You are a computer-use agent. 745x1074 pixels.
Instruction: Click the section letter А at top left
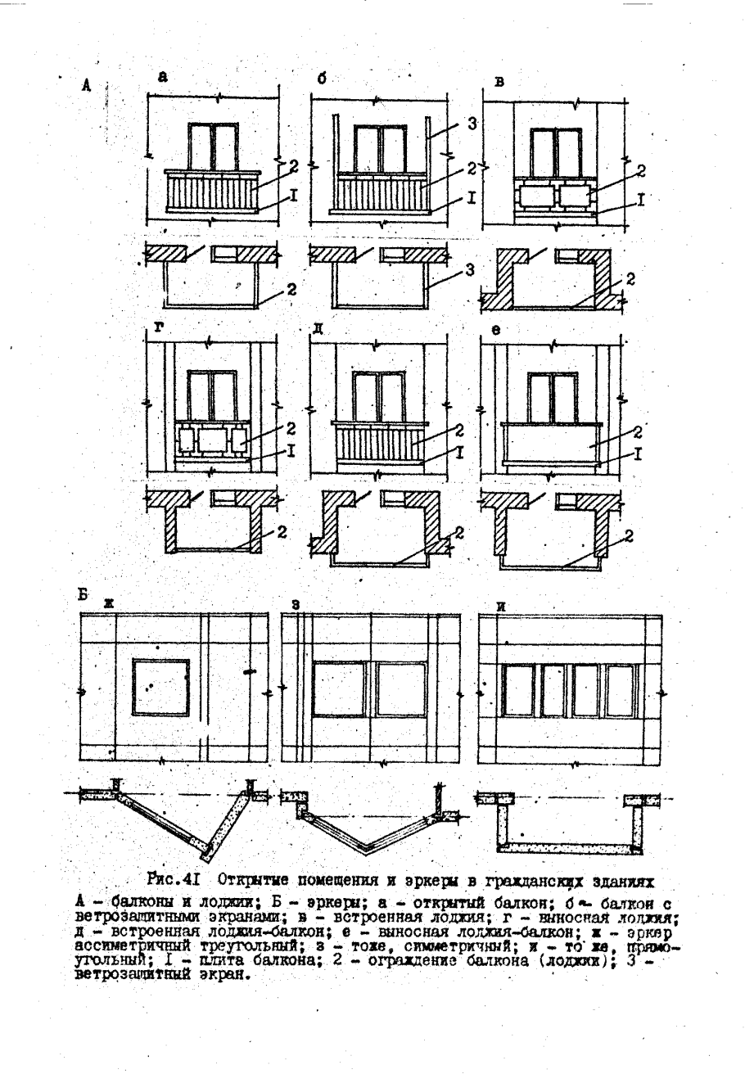click(x=86, y=84)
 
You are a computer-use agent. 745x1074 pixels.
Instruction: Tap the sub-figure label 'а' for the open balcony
click(x=162, y=77)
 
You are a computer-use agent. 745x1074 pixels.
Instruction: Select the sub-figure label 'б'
click(x=322, y=79)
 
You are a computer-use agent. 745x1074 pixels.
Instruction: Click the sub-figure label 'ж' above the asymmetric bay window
click(x=108, y=603)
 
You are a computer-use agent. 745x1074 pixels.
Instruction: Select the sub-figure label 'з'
click(x=296, y=603)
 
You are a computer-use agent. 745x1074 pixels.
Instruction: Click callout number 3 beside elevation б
click(x=471, y=124)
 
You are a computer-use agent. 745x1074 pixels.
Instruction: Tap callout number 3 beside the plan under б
click(x=470, y=270)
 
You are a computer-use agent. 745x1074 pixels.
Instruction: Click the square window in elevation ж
click(x=160, y=686)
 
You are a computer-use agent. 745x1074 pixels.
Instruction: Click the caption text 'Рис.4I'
click(x=180, y=881)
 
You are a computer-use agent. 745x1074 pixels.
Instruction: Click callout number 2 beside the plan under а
click(x=291, y=289)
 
